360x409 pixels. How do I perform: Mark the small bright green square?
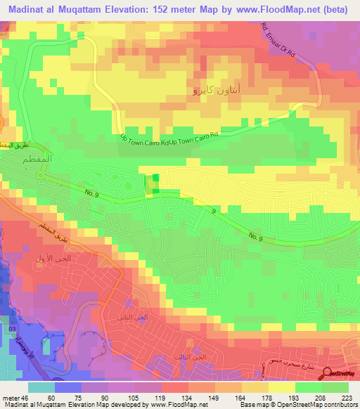pyautogui.click(x=155, y=181)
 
